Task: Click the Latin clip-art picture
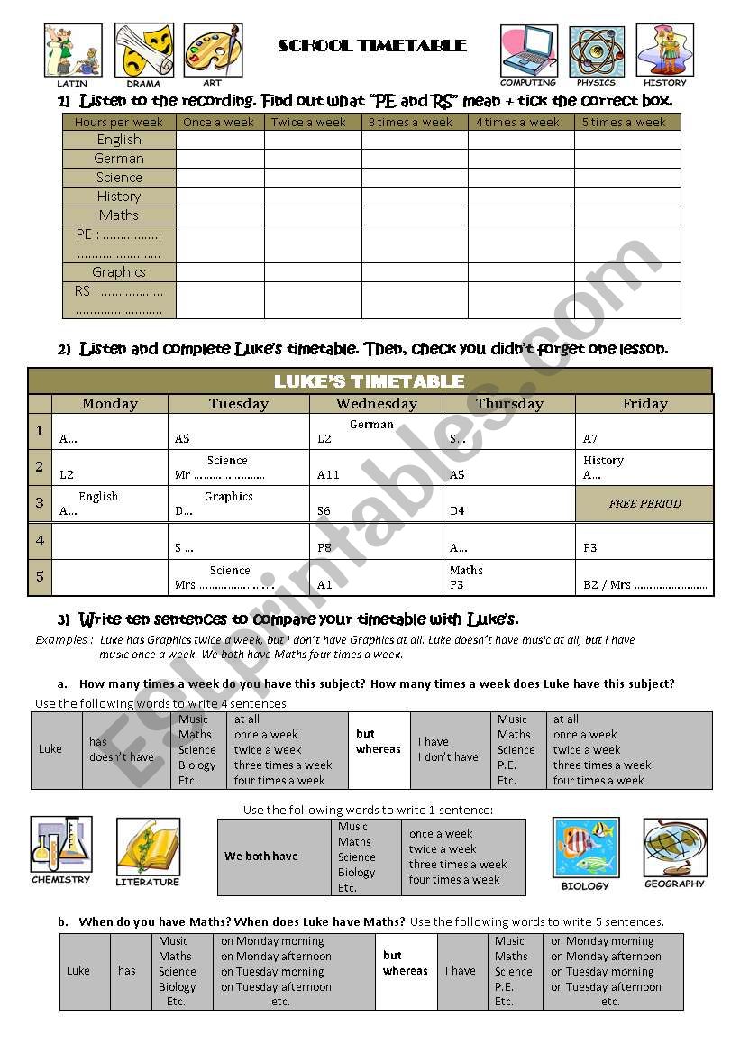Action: pyautogui.click(x=72, y=50)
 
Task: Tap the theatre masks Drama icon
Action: pyautogui.click(x=143, y=50)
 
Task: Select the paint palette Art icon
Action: pyautogui.click(x=213, y=50)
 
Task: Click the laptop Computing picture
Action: pyautogui.click(x=529, y=50)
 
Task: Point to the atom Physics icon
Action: pyautogui.click(x=596, y=50)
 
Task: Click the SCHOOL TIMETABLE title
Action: pyautogui.click(x=371, y=46)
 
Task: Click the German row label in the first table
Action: pyautogui.click(x=119, y=159)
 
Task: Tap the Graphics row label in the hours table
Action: pyautogui.click(x=119, y=272)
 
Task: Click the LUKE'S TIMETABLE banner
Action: pyautogui.click(x=370, y=381)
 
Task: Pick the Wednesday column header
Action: pyautogui.click(x=376, y=404)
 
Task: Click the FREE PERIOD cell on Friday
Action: pyautogui.click(x=644, y=504)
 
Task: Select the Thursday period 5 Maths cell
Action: pyautogui.click(x=508, y=577)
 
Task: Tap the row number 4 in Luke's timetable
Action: pyautogui.click(x=40, y=541)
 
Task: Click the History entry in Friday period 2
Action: pyautogui.click(x=603, y=461)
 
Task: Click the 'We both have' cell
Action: pyautogui.click(x=274, y=857)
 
